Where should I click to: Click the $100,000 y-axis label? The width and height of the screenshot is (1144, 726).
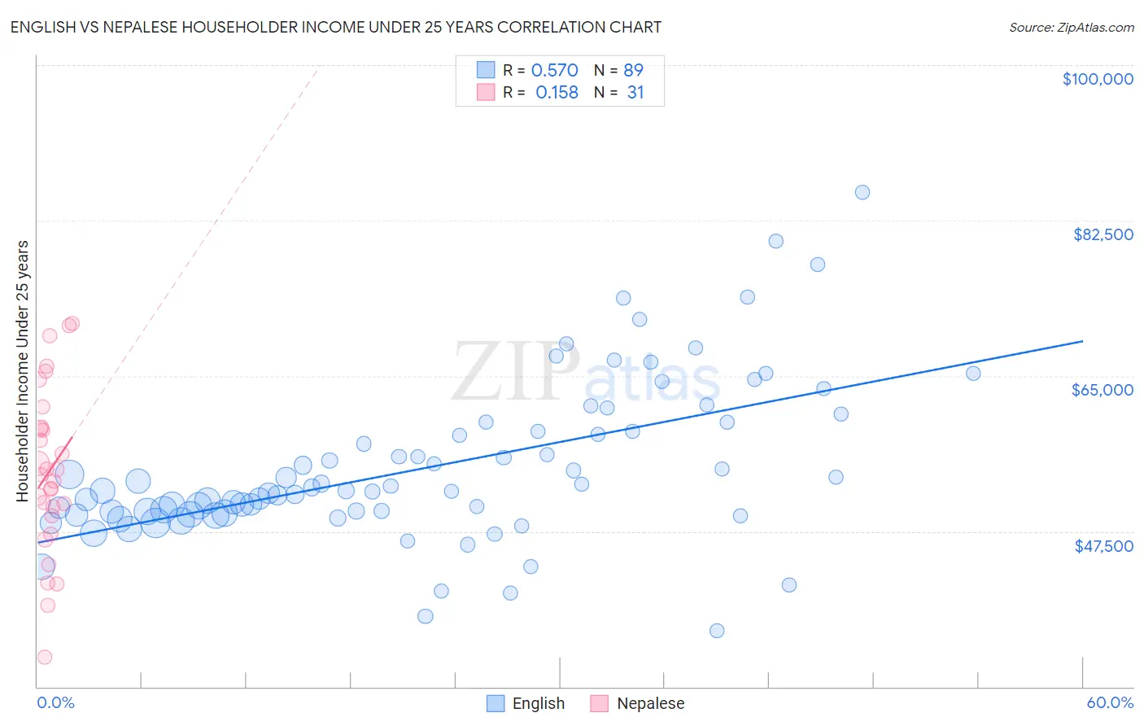pos(1098,79)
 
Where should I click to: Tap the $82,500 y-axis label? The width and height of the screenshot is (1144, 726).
pos(1103,234)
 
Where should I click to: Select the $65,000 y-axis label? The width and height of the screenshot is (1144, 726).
pos(1102,390)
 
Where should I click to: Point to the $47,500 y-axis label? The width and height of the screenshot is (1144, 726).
pos(1103,546)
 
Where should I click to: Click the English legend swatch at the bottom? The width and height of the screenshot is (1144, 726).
pos(496,703)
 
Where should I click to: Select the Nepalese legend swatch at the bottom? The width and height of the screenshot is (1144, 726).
pos(600,703)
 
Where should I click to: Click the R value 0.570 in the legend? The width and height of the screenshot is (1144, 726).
pos(554,71)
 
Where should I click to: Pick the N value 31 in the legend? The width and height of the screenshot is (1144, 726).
pos(635,93)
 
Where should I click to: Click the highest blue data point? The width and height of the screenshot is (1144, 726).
pos(862,192)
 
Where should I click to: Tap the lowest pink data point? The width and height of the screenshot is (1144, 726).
pos(45,657)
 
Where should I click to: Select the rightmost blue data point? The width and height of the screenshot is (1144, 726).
pos(973,374)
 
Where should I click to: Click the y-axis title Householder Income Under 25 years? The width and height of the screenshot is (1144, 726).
pos(23,370)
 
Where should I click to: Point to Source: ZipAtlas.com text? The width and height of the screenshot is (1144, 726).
pos(1071,27)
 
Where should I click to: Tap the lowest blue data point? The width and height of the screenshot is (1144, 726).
pos(717,631)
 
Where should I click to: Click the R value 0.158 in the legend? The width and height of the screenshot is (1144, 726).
pos(557,93)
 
